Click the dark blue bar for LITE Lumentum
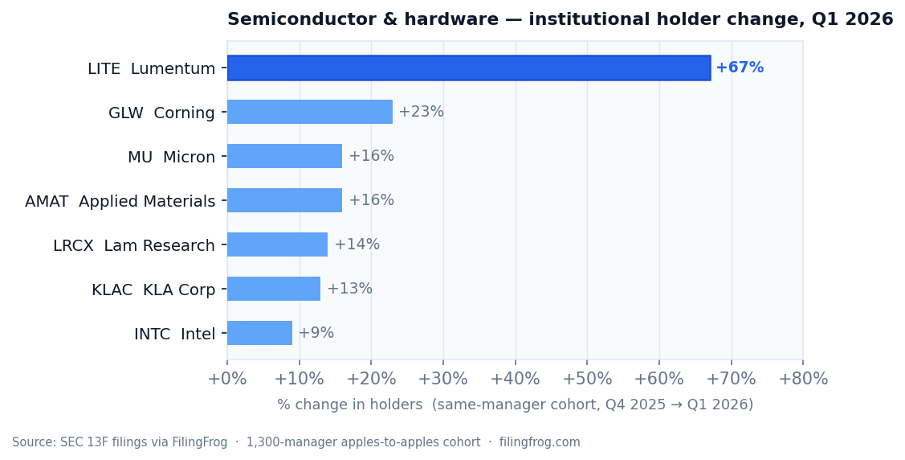pyautogui.click(x=469, y=68)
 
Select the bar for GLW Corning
pyautogui.click(x=310, y=112)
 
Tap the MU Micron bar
pyautogui.click(x=284, y=156)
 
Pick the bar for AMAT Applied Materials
pyautogui.click(x=284, y=200)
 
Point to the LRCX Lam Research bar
pyautogui.click(x=277, y=244)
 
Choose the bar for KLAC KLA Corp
pyautogui.click(x=274, y=289)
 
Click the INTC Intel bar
pyautogui.click(x=259, y=333)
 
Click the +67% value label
pyautogui.click(x=740, y=68)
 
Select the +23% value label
pyautogui.click(x=421, y=112)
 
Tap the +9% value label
pyautogui.click(x=316, y=333)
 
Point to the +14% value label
pyautogui.click(x=357, y=244)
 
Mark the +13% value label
pyautogui.click(x=349, y=289)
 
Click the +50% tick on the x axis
pyautogui.click(x=587, y=380)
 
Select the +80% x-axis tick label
pyautogui.click(x=802, y=380)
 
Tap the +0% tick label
pyautogui.click(x=227, y=380)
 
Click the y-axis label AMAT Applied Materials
pyautogui.click(x=120, y=201)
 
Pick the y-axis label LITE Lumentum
pyautogui.click(x=151, y=69)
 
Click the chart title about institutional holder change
pyautogui.click(x=560, y=20)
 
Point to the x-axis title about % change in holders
pyautogui.click(x=515, y=405)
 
